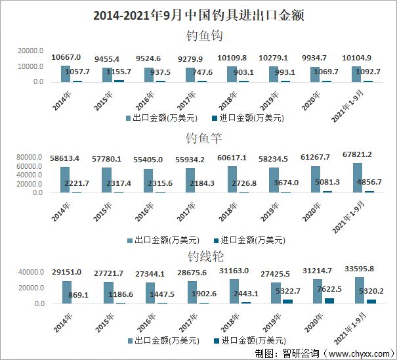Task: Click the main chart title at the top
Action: point(198,14)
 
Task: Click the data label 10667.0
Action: point(66,58)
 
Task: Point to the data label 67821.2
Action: point(358,155)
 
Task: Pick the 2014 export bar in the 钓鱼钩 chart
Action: point(65,74)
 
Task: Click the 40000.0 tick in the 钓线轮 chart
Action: point(30,272)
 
